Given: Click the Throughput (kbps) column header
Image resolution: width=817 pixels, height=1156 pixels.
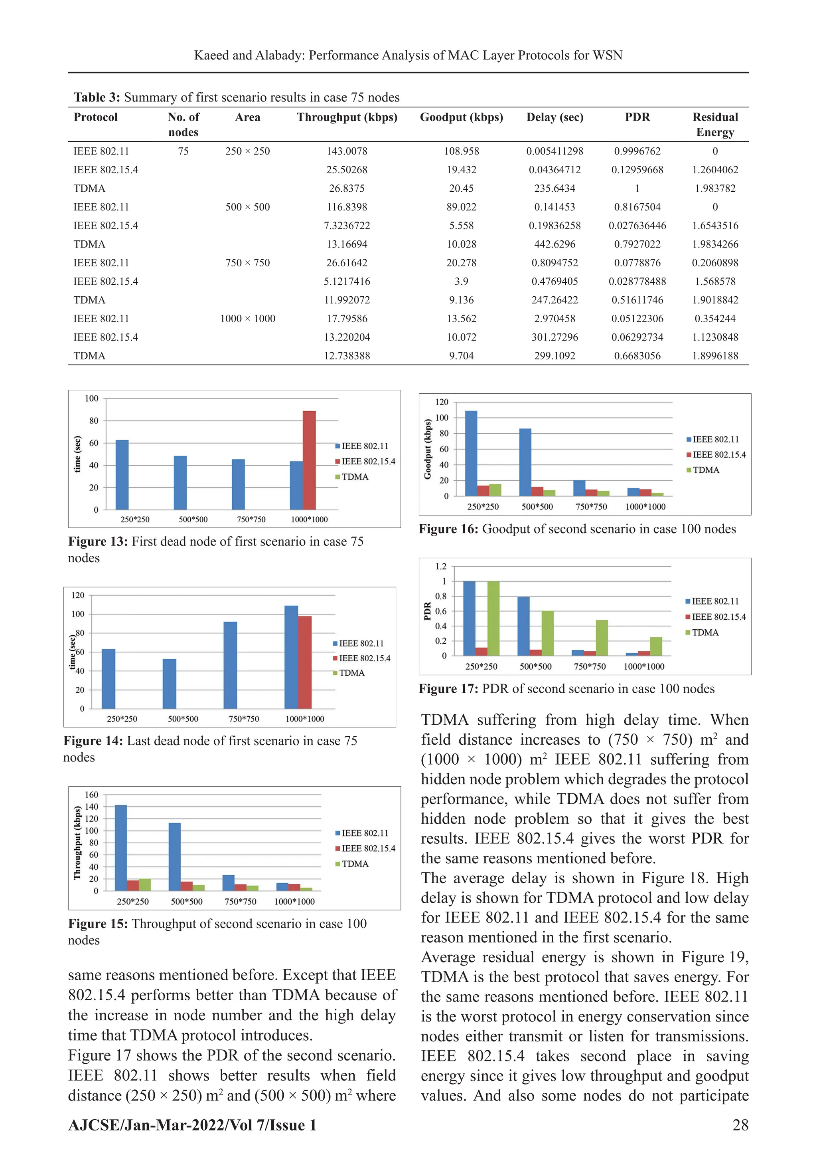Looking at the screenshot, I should (347, 117).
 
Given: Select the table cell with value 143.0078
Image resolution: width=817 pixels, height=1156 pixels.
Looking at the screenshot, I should (347, 151).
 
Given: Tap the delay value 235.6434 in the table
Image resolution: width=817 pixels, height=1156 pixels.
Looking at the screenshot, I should (555, 188).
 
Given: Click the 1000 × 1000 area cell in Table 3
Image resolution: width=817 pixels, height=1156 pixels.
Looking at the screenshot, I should (247, 319).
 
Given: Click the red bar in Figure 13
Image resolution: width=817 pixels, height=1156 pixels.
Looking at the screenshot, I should (309, 460).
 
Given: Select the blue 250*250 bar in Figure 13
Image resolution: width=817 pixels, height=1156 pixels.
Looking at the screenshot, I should (122, 475).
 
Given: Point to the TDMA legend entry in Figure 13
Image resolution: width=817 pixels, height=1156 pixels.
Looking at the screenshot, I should (355, 477).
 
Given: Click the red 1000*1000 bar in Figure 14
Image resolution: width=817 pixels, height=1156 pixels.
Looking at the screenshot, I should (305, 662).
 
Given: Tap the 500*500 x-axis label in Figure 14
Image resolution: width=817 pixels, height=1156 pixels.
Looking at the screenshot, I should (183, 719).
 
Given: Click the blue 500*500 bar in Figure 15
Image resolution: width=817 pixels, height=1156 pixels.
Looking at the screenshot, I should (175, 857).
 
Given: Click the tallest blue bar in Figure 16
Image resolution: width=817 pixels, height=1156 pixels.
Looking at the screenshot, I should (471, 453).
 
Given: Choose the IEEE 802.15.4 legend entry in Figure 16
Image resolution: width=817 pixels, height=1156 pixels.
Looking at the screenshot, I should (718, 455).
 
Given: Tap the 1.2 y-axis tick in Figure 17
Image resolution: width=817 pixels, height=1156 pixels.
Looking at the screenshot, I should (441, 566).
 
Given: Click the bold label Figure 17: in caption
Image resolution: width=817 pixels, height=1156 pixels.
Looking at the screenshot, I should (448, 689).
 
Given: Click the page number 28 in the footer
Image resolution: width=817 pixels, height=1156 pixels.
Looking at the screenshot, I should (740, 1125).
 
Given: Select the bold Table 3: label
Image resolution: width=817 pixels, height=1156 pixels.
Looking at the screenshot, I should (97, 97).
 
